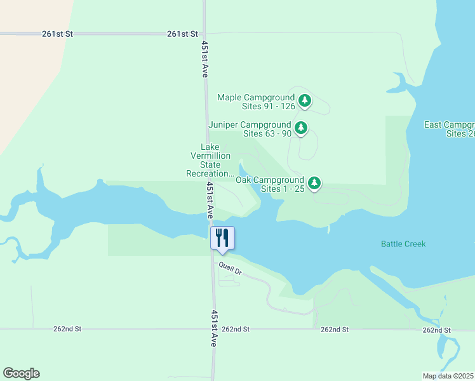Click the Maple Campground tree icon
305,100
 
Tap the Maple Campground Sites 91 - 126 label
256,102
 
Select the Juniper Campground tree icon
301,128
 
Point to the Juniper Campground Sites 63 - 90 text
250,130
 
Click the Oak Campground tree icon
314,184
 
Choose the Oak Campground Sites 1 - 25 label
270,185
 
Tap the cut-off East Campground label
450,129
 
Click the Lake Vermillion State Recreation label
210,161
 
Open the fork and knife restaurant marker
222,238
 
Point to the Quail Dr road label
231,269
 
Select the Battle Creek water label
403,244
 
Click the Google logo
21,373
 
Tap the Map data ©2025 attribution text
448,375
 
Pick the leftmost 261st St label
58,34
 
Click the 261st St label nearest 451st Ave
183,34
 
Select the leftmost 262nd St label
67,330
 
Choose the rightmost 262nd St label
436,330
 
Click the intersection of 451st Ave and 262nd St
213,330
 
